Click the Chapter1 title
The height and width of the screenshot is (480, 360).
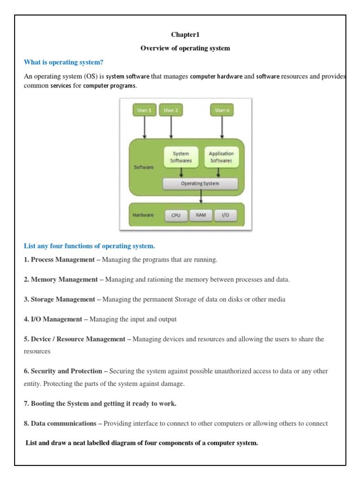[185, 35]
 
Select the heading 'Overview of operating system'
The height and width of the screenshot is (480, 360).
[185, 48]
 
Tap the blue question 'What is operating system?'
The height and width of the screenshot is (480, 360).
[63, 62]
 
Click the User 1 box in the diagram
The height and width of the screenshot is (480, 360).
[144, 110]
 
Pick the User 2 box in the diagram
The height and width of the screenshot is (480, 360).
[171, 110]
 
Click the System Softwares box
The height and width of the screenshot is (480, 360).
[181, 157]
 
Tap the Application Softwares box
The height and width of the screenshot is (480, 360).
[221, 157]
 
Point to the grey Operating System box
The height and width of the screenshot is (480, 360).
[200, 183]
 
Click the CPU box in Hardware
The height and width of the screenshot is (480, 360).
[176, 216]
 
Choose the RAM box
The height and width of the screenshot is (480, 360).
[201, 216]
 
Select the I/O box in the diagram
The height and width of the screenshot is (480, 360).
[225, 216]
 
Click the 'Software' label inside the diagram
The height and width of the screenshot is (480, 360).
[143, 167]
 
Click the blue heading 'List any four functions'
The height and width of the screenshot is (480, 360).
[89, 246]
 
